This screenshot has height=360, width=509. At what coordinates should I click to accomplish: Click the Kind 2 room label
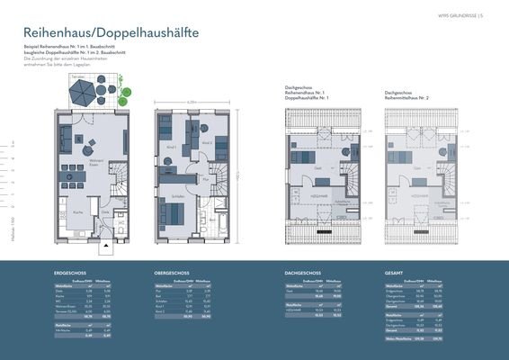207,142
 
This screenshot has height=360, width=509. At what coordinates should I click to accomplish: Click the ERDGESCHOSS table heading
69,271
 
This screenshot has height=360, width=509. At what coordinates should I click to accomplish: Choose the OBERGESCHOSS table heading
172,271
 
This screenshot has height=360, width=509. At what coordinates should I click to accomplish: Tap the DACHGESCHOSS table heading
302,271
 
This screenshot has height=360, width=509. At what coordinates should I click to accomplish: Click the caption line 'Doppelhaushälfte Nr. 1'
304,96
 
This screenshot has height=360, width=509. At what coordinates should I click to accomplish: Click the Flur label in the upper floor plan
205,179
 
